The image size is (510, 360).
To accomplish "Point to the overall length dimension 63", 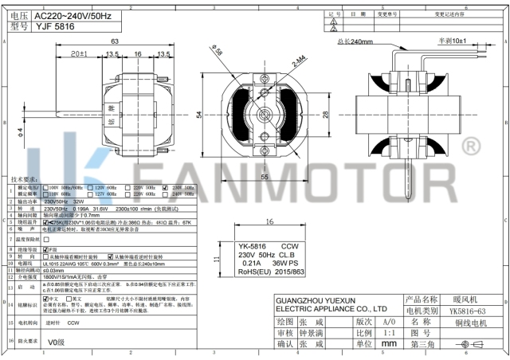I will tap(115, 41).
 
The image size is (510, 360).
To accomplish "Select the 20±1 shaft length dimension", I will tap(78, 55).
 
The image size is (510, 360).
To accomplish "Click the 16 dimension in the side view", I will tap(138, 55).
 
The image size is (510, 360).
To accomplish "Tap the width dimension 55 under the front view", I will tap(263, 177).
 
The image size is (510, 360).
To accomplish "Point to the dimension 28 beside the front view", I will tap(326, 114).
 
